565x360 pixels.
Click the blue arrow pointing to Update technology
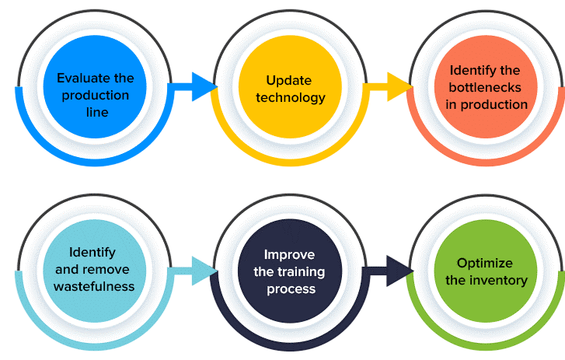tap(194, 86)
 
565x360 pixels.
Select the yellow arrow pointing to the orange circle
tap(392, 86)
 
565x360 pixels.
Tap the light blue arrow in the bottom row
tap(194, 271)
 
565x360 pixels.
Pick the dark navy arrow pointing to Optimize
tap(392, 271)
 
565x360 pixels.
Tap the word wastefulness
tap(93, 286)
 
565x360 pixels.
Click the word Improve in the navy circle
tap(290, 254)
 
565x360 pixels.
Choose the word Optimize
tap(484, 263)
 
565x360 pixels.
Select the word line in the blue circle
tap(97, 112)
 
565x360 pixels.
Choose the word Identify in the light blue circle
tap(92, 252)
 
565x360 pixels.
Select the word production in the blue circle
tap(96, 95)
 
